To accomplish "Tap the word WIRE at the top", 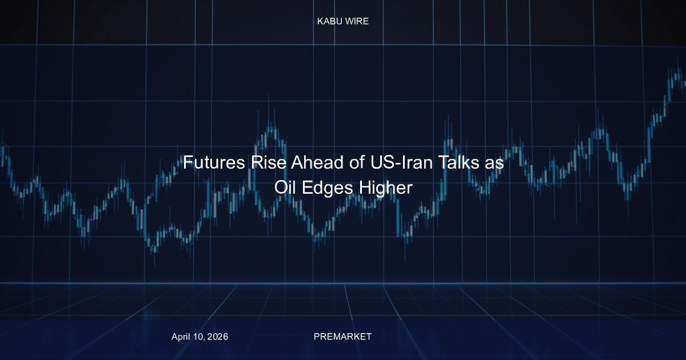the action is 357,21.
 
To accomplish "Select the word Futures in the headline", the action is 214,162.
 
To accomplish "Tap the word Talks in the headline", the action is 458,162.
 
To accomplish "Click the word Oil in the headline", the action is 285,187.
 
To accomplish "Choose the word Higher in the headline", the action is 385,188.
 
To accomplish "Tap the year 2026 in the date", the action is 218,337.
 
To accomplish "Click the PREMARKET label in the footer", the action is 342,337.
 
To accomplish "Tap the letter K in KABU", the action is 320,21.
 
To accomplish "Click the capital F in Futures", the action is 188,162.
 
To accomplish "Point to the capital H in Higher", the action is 365,187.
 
